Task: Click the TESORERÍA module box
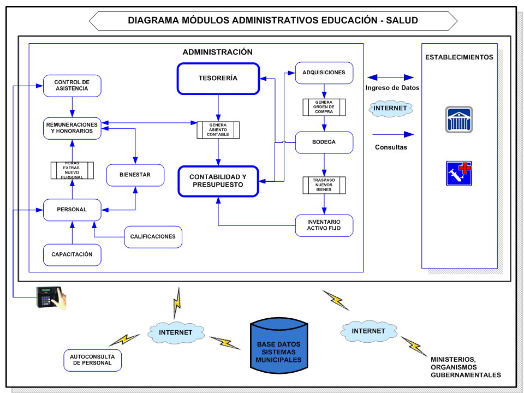pyautogui.click(x=218, y=79)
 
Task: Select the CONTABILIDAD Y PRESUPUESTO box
pyautogui.click(x=218, y=181)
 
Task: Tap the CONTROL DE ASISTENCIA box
pyautogui.click(x=72, y=86)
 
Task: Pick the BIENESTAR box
pyautogui.click(x=135, y=175)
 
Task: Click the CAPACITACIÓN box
pyautogui.click(x=72, y=255)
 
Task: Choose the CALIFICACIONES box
pyautogui.click(x=153, y=237)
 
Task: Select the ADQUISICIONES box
pyautogui.click(x=324, y=73)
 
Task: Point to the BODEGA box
pyautogui.click(x=324, y=142)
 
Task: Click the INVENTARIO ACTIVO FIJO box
pyautogui.click(x=324, y=225)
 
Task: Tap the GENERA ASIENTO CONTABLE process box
pyautogui.click(x=218, y=130)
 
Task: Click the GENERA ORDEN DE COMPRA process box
pyautogui.click(x=324, y=107)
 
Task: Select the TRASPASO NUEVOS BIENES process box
pyautogui.click(x=324, y=185)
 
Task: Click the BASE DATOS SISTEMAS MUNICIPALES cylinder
pyautogui.click(x=278, y=345)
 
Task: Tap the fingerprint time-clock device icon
pyautogui.click(x=50, y=297)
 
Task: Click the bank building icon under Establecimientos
pyautogui.click(x=458, y=120)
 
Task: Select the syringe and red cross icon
pyautogui.click(x=458, y=173)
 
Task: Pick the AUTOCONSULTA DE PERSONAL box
pyautogui.click(x=92, y=360)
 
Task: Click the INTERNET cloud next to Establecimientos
pyautogui.click(x=390, y=109)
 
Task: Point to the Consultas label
pyautogui.click(x=391, y=147)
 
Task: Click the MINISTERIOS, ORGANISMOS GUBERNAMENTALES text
pyautogui.click(x=466, y=367)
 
